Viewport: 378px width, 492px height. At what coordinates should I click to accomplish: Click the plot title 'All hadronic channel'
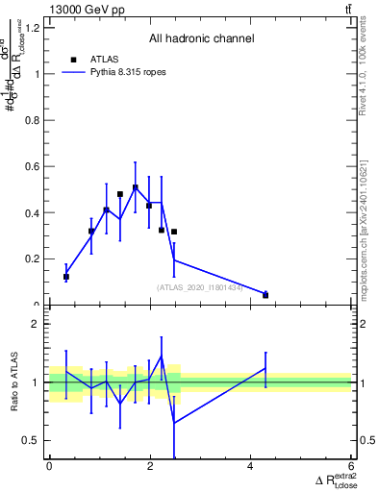201,39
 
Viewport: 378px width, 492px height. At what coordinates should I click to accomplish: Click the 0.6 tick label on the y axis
34,166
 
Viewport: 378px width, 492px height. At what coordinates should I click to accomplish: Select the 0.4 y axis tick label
34,212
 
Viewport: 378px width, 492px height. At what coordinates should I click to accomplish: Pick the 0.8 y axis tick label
34,120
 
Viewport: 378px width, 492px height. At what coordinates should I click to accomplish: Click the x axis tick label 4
251,466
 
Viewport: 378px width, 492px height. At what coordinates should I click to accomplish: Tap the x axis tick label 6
352,466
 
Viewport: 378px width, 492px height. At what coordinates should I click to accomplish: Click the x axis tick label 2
150,466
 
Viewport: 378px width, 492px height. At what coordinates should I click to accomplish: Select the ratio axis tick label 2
37,324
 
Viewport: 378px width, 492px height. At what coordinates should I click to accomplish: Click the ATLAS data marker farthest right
265,295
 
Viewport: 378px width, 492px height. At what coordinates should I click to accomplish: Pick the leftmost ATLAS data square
66,277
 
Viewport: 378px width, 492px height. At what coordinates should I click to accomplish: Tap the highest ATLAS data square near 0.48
120,194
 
